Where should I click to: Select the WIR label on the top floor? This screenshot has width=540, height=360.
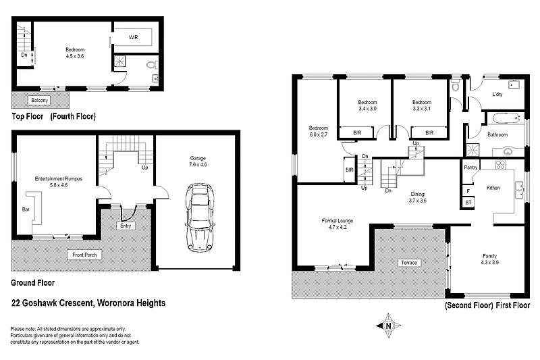point(134,38)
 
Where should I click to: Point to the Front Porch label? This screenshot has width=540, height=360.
point(82,255)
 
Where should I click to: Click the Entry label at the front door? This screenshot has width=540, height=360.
point(126,226)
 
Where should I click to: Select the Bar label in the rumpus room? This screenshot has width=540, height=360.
point(26,210)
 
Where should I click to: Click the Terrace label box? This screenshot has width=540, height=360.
point(410,262)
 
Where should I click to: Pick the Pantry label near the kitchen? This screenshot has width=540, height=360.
point(470,166)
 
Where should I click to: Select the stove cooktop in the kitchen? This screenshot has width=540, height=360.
point(502,165)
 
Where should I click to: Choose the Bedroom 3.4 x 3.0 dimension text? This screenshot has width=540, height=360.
point(367,108)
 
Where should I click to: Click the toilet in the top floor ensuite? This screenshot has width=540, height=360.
point(152,65)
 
